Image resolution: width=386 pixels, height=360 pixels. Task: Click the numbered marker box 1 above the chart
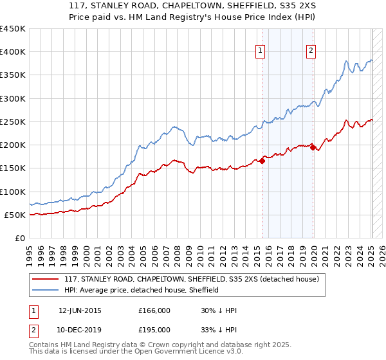click(x=261, y=51)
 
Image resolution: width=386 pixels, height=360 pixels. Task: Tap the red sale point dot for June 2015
click(x=262, y=161)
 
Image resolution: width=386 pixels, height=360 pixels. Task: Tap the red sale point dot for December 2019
click(x=313, y=148)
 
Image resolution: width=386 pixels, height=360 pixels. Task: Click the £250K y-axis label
click(x=13, y=122)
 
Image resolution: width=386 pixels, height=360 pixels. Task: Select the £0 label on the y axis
click(x=20, y=238)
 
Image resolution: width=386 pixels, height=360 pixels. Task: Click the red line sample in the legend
click(x=46, y=279)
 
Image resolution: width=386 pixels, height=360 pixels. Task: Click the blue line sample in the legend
click(x=46, y=290)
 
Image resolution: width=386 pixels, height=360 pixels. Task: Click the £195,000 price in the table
click(x=154, y=329)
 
